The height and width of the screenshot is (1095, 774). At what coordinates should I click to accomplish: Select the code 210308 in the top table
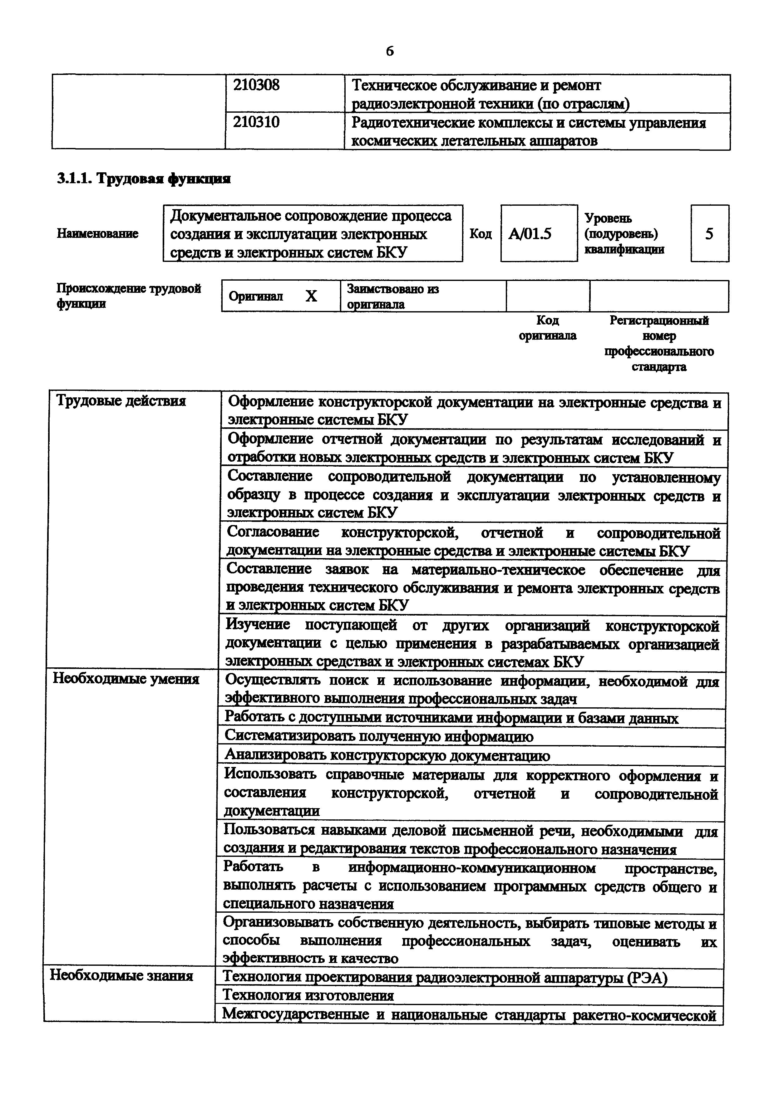(256, 86)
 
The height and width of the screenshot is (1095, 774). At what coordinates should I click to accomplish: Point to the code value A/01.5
(530, 234)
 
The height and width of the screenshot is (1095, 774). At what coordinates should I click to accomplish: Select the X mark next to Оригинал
(311, 297)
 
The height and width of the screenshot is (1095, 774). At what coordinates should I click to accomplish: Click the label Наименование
(98, 234)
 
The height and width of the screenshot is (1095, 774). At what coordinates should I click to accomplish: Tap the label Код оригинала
(547, 328)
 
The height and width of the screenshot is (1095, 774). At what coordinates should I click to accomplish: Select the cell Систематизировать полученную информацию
(379, 736)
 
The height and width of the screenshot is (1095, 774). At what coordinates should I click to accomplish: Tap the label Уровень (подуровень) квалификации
(624, 234)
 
